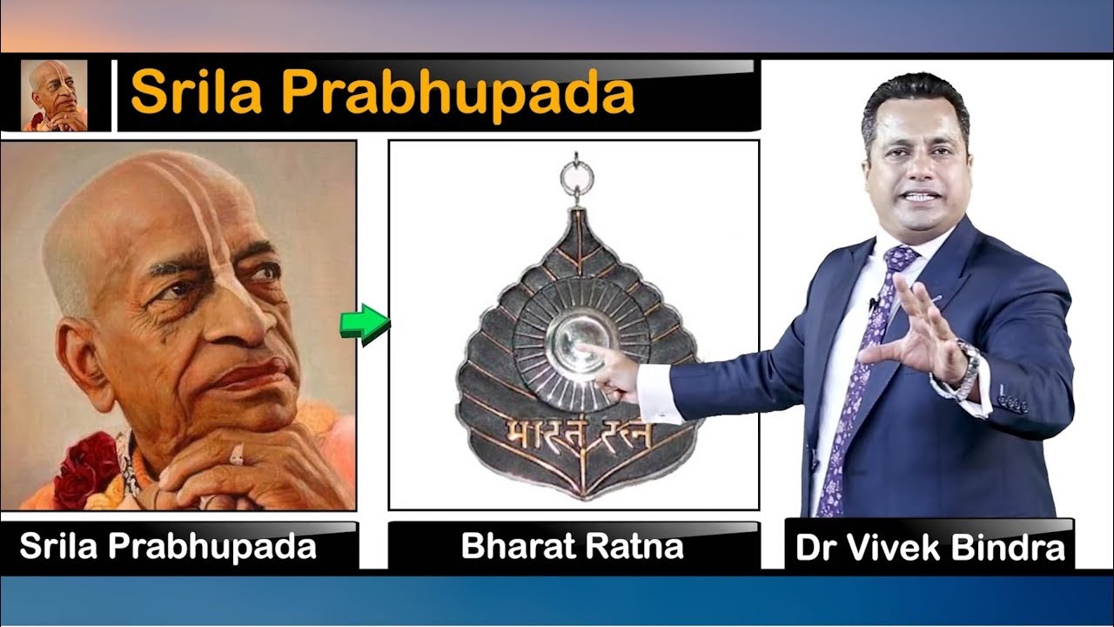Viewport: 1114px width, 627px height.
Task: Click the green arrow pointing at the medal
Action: click(x=365, y=324)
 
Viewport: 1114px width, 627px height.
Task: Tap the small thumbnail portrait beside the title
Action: click(x=54, y=96)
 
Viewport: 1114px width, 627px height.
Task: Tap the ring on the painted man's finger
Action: click(x=238, y=455)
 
